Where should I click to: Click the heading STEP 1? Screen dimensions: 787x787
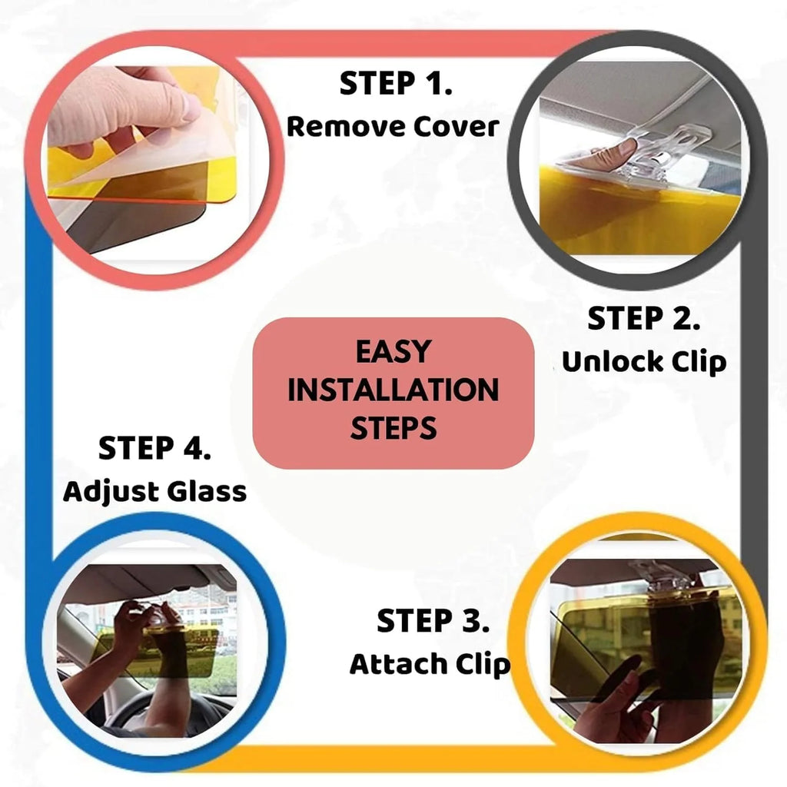click(396, 85)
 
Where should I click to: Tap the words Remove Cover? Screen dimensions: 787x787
click(393, 127)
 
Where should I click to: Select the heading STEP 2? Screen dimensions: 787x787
click(643, 319)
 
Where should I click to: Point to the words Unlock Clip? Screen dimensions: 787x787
click(643, 361)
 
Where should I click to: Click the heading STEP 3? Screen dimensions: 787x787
click(433, 622)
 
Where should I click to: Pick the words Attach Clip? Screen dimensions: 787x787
click(430, 664)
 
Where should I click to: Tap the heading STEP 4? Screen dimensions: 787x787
click(154, 449)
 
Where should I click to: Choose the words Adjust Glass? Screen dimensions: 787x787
click(154, 491)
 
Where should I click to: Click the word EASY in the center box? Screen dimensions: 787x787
click(393, 352)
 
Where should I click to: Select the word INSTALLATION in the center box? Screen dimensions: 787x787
click(393, 390)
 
